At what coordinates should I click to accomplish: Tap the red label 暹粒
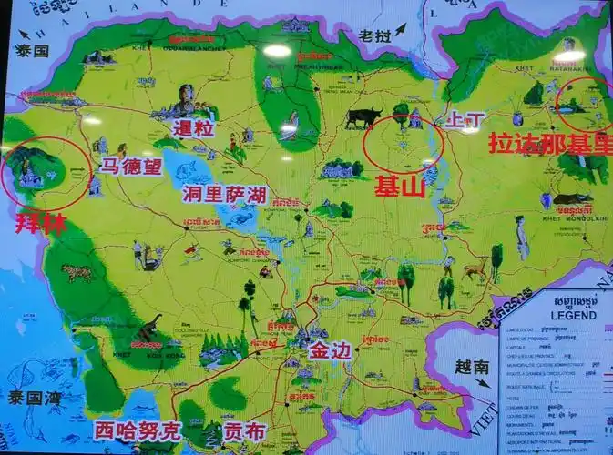pyautogui.click(x=192, y=129)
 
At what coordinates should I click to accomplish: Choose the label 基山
pyautogui.click(x=401, y=187)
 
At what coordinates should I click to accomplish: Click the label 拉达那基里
pyautogui.click(x=551, y=144)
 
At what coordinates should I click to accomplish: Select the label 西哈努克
pyautogui.click(x=138, y=430)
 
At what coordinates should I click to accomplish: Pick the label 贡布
pyautogui.click(x=245, y=430)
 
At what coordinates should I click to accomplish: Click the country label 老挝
pyautogui.click(x=373, y=36)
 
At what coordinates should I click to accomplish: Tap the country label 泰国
pyautogui.click(x=31, y=52)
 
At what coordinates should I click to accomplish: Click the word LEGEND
pyautogui.click(x=574, y=315)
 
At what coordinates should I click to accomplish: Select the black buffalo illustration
pyautogui.click(x=363, y=116)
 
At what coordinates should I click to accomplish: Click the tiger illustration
pyautogui.click(x=77, y=271)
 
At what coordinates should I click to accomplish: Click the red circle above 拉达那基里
pyautogui.click(x=584, y=104)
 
